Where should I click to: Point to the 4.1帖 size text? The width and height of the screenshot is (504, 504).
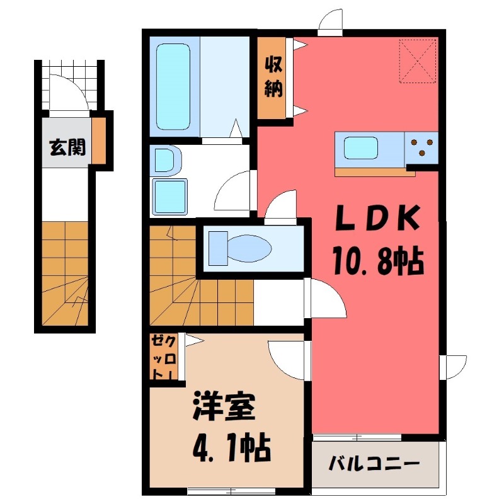(x=229, y=448)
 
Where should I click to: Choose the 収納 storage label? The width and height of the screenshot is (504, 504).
(x=272, y=77)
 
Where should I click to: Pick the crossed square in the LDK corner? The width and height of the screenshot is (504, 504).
(x=419, y=60)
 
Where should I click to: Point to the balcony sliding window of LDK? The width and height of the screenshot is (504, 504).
(x=357, y=437)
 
